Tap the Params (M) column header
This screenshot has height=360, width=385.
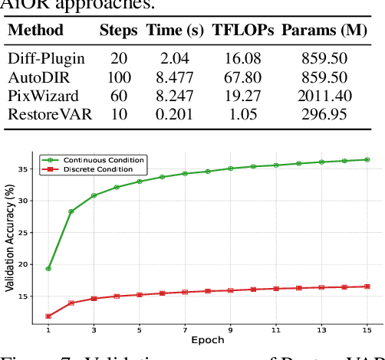point(328,31)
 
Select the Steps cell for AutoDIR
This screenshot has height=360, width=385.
point(119,78)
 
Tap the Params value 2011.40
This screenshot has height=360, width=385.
point(327,97)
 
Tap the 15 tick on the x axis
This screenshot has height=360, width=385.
point(367,329)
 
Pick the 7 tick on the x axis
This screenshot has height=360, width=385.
point(185,329)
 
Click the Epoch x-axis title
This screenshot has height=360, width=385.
point(207,339)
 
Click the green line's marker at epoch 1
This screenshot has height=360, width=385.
point(48,269)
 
